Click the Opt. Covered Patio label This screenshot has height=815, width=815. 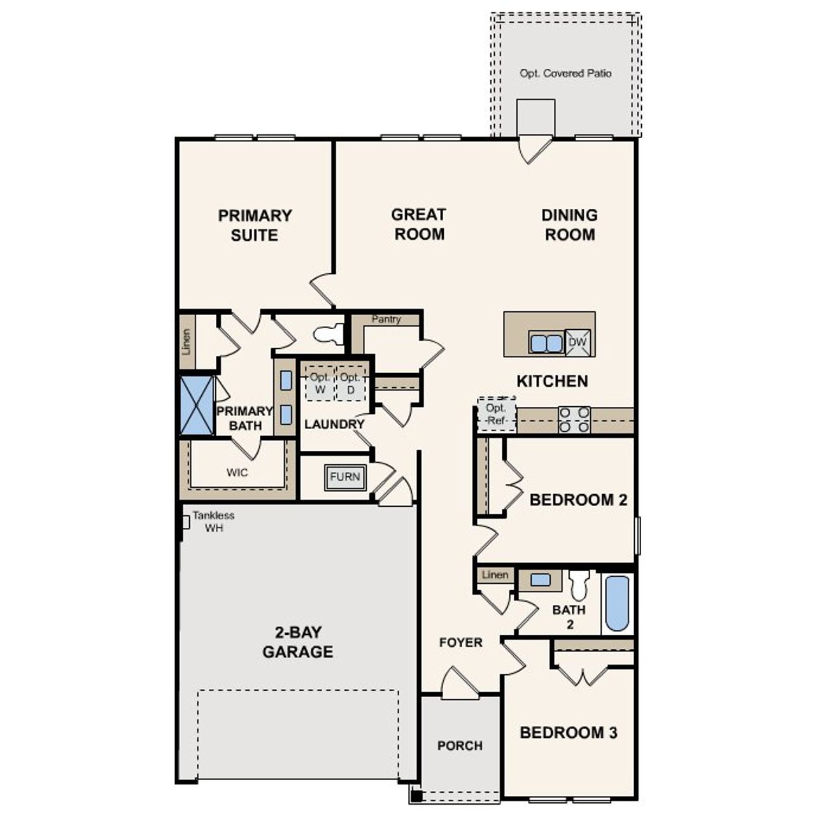point(565,73)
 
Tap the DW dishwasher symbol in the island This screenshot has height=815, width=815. point(578,343)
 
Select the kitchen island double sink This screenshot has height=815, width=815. point(546,343)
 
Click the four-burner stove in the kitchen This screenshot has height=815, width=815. point(574,420)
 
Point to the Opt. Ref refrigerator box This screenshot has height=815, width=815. point(496,415)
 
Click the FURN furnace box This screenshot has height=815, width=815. point(345,477)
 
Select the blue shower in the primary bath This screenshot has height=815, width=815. point(197,405)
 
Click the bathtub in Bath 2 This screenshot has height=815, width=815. point(616,602)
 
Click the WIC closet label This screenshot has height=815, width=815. point(237,472)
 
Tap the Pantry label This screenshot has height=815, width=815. point(386,319)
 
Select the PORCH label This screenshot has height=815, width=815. point(460,746)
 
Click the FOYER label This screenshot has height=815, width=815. point(461,642)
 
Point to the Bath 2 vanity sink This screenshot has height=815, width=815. point(541,580)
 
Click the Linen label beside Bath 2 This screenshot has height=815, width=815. point(495,575)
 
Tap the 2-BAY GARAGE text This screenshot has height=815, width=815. point(298,642)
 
